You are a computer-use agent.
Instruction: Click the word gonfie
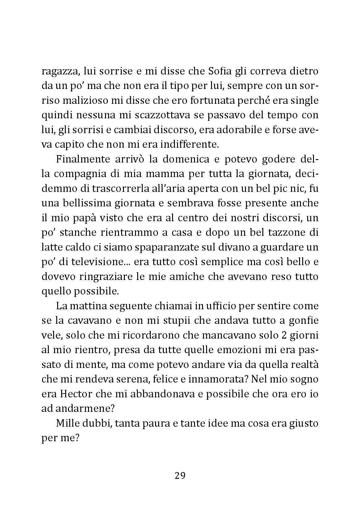point(304,321)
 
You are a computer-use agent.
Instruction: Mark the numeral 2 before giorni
point(285,335)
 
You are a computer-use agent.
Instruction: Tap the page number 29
point(180,475)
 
